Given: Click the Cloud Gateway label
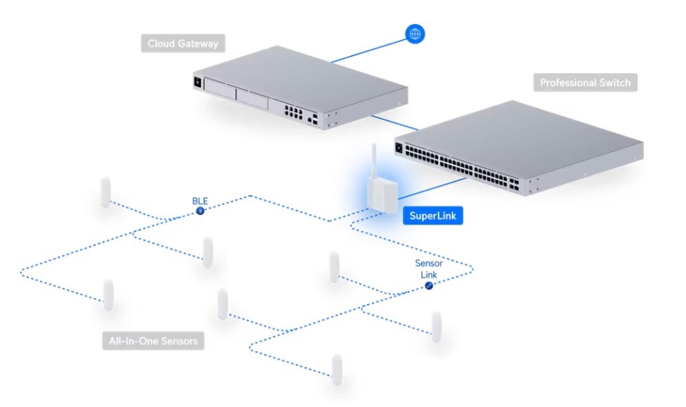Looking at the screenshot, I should (183, 44).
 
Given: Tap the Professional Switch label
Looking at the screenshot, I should (585, 83).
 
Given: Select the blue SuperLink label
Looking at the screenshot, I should (432, 215).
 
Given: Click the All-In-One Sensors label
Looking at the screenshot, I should (153, 342).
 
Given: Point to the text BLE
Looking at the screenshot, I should (200, 201).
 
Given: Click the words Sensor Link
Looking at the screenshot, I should (428, 268).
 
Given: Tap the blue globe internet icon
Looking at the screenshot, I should (416, 33).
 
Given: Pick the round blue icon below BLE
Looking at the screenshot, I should (200, 211).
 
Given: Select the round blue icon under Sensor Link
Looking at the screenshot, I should (428, 284).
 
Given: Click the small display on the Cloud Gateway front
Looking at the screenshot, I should (197, 84).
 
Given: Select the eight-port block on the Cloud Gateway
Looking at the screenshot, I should (294, 111).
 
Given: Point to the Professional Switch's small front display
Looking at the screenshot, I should (400, 149).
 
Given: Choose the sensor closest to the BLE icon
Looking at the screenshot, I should (207, 251).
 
